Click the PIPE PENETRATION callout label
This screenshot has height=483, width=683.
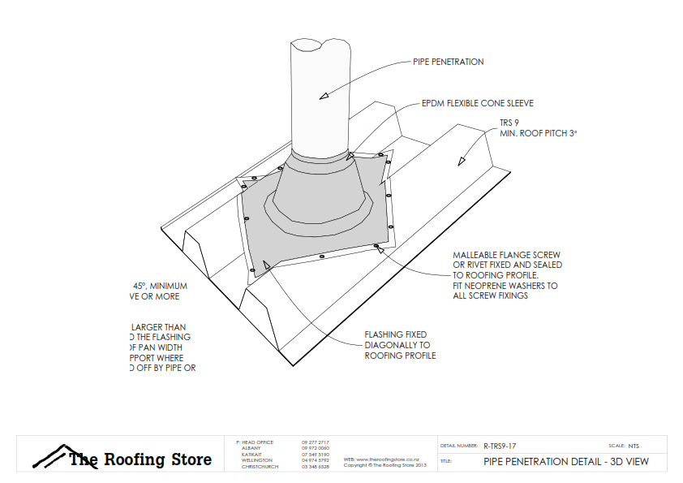(x=449, y=62)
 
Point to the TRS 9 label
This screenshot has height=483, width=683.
(x=509, y=123)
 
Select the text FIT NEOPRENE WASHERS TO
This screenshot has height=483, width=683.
(x=505, y=286)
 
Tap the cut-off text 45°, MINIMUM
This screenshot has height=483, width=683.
(x=160, y=286)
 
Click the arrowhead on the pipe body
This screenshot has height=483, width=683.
(x=323, y=95)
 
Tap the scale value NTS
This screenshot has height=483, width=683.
(x=634, y=446)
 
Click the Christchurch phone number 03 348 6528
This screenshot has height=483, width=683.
(x=315, y=467)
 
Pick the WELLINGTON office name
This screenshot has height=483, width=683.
(x=256, y=460)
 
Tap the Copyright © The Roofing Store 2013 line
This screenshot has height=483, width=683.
(x=384, y=466)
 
